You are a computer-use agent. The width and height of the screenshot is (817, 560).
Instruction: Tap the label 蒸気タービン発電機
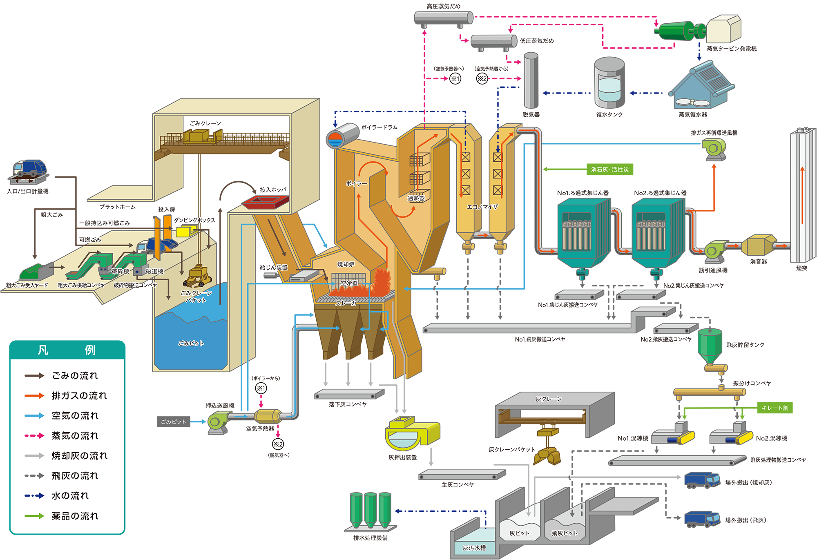click(732, 49)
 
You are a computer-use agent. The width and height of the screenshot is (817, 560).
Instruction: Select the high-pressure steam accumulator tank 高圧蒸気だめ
click(443, 18)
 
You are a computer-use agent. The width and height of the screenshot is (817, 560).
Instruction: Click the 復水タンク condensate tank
click(609, 84)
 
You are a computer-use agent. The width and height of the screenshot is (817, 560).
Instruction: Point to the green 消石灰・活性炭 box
click(609, 170)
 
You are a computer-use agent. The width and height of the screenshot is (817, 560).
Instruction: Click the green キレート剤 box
click(775, 408)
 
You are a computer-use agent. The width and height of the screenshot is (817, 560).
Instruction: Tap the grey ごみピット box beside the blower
click(173, 422)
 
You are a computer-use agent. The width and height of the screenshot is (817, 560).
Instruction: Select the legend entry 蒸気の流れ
click(75, 436)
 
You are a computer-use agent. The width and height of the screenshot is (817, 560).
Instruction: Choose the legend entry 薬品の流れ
click(75, 516)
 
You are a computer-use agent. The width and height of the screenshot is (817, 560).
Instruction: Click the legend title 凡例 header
click(67, 350)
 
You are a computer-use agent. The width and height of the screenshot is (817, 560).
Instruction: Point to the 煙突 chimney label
click(801, 268)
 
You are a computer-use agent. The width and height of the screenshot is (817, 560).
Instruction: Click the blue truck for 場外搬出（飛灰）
click(702, 519)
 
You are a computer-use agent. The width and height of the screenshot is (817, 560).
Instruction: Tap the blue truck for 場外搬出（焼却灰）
click(702, 480)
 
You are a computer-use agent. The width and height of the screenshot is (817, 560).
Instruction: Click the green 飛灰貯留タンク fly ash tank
click(710, 346)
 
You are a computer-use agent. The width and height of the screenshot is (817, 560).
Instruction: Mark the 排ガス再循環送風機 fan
click(714, 149)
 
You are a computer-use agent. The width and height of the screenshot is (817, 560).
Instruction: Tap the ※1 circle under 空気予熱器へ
click(455, 78)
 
